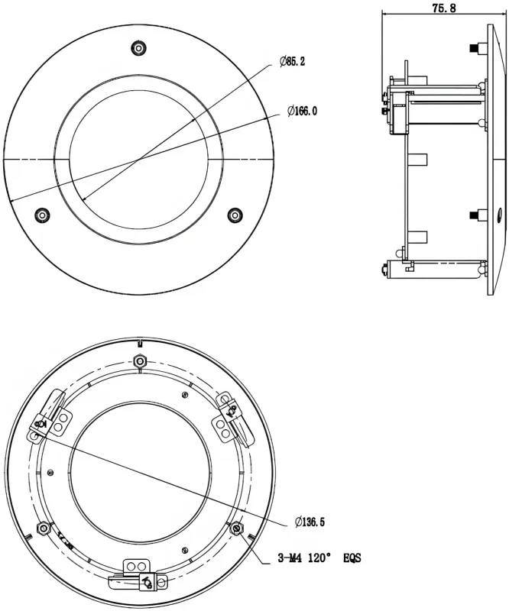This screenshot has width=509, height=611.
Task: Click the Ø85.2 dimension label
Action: click(293, 61)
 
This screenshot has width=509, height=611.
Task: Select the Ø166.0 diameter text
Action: click(302, 112)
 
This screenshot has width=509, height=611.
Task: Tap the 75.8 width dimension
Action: click(444, 8)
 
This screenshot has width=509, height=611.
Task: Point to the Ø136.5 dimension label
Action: click(310, 522)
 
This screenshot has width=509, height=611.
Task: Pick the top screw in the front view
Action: click(138, 48)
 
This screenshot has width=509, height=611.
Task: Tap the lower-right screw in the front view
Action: click(235, 215)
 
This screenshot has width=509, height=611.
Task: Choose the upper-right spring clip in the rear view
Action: click(230, 416)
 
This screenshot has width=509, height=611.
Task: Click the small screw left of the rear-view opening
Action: click(49, 470)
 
